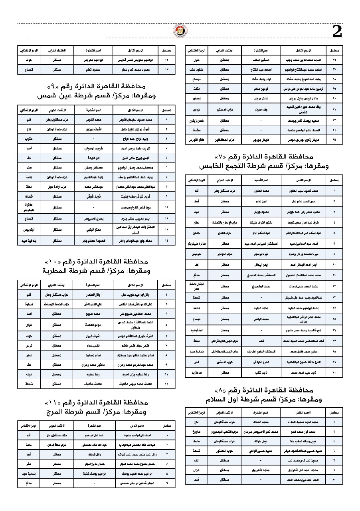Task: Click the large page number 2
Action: (337, 32)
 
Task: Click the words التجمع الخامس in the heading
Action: (229, 164)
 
